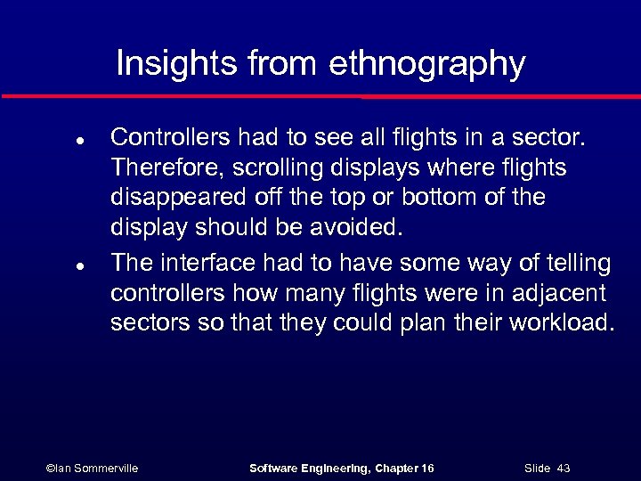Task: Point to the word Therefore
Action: coord(156,167)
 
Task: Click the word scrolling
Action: coord(253,168)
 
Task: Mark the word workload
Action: coord(561,322)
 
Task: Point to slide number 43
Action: coord(563,468)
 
